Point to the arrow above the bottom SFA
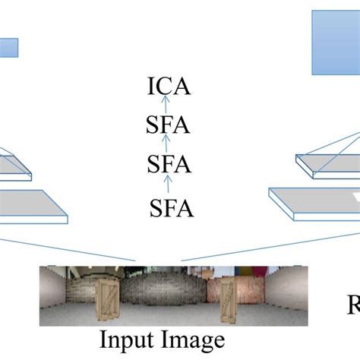(x=169, y=185)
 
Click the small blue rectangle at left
(x=8, y=48)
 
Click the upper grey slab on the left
(x=12, y=166)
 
